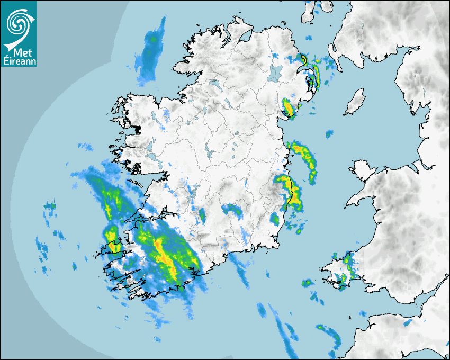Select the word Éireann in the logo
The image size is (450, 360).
(19, 61)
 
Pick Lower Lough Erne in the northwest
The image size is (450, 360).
(214, 84)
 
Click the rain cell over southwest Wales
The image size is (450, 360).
(347, 267)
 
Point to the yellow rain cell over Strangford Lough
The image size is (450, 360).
(289, 107)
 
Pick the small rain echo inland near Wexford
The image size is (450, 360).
(275, 219)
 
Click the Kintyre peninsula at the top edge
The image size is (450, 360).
(309, 12)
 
